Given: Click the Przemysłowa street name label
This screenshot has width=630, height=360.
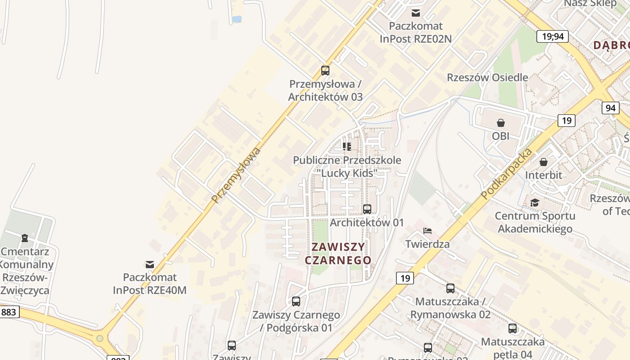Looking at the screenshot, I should tap(236, 175).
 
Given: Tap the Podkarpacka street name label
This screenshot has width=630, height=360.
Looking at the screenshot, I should tap(506, 173).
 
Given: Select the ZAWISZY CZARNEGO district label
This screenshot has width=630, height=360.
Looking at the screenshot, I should tap(338, 253).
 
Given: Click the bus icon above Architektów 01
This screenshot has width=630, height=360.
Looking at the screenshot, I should tap(367, 209).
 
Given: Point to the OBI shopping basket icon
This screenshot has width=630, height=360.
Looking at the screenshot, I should tap(500, 123).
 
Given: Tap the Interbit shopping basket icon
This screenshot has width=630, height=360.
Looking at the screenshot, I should tap(544, 162).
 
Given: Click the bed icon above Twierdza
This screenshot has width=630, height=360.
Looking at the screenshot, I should tap(427, 231).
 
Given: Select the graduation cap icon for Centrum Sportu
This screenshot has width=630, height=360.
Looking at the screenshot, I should tap(535, 203).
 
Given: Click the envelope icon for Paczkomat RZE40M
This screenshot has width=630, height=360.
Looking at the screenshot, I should tap(150, 264).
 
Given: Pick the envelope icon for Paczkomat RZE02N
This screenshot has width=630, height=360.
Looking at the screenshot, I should tap(415, 13).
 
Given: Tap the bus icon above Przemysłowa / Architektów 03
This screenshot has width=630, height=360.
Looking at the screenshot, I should tap(325, 71).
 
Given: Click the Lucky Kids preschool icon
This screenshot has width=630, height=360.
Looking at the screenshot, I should tap(346, 147).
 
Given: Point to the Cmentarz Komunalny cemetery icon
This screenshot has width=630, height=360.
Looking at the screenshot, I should tap(25, 238).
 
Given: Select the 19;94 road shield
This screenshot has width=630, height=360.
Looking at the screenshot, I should tap(553, 36).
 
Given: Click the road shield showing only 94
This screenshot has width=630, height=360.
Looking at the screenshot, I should tap(610, 108).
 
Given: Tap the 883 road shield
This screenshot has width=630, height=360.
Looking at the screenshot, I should tap(9, 312).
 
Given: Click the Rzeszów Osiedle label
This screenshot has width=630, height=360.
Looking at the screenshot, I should tap(487, 77).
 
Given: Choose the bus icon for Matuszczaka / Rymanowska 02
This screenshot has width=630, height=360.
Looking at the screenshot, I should tap(450, 288).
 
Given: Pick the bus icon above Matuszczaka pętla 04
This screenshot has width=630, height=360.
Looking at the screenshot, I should tap(513, 328).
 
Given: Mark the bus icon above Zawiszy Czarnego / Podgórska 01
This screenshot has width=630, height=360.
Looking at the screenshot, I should tap(296, 301).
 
